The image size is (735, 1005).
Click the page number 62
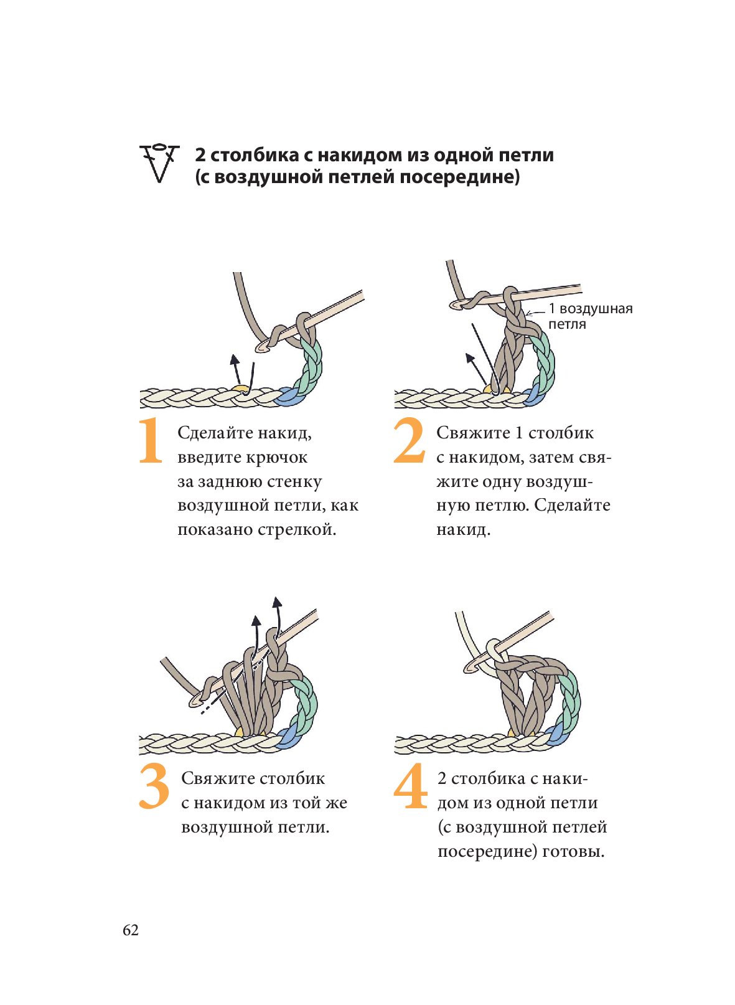[x=131, y=930]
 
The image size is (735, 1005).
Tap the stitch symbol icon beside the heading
[x=159, y=163]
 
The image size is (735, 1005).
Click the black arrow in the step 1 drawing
[x=235, y=370]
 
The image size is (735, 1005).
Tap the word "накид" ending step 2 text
[x=462, y=530]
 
